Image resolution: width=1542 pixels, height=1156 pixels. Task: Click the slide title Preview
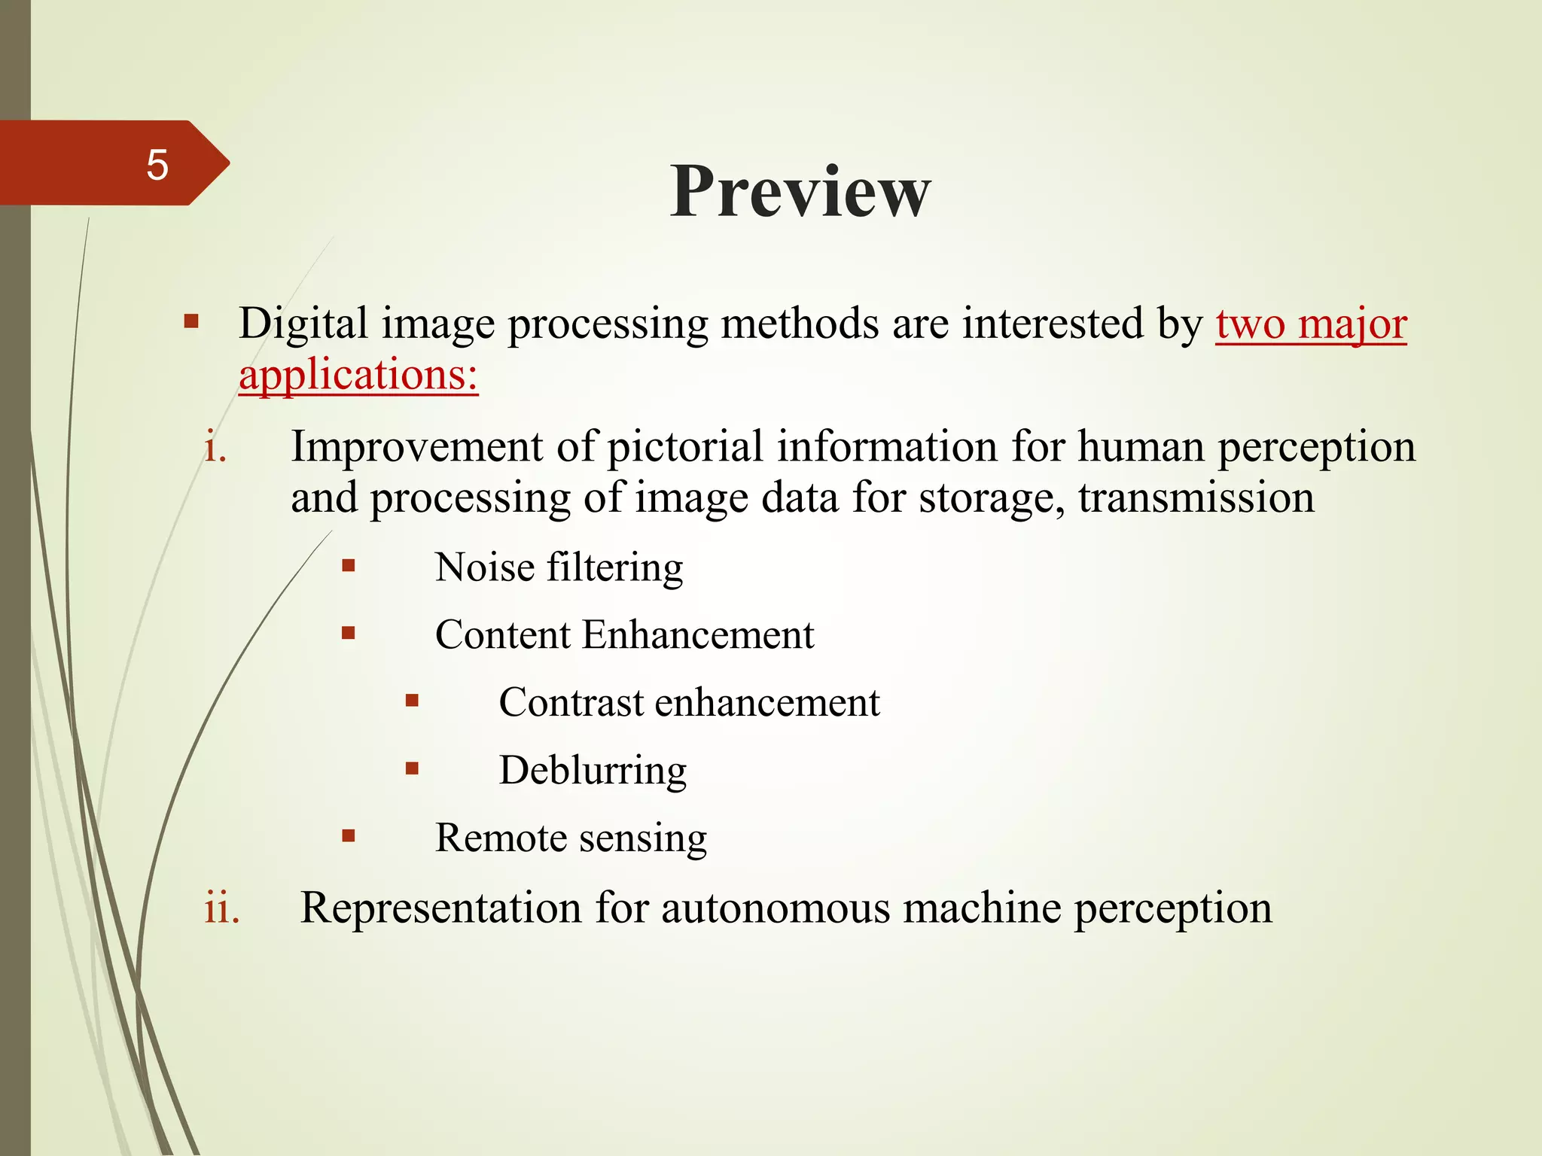[800, 192]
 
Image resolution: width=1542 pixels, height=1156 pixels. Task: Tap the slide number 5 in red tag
[157, 164]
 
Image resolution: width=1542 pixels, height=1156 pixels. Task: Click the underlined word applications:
[358, 375]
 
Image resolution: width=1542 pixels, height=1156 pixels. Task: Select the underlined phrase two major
[1311, 324]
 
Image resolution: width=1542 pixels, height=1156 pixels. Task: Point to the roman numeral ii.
[222, 908]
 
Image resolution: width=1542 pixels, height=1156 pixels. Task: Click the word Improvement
[416, 447]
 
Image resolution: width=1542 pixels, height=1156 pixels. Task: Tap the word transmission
[1196, 498]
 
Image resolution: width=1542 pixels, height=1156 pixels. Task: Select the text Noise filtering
[559, 567]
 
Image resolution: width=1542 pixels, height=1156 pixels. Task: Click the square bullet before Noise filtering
[348, 565]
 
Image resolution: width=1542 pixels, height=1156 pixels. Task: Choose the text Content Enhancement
[624, 635]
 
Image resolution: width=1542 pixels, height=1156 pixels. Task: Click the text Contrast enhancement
[689, 703]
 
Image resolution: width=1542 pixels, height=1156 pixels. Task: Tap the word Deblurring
[593, 771]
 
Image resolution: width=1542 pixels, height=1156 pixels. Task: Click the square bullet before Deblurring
[412, 768]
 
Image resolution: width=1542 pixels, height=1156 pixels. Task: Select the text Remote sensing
[571, 838]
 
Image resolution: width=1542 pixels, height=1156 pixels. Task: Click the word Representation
[440, 908]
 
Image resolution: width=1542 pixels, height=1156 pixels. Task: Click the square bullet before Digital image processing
[191, 322]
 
